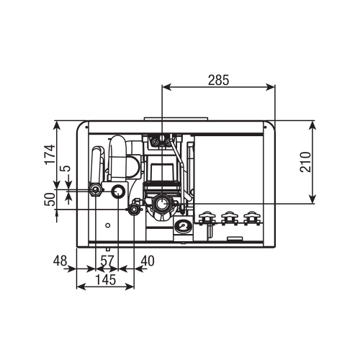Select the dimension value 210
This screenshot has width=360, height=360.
click(x=305, y=163)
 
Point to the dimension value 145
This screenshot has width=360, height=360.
click(x=105, y=278)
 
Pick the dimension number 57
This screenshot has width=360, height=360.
click(x=107, y=259)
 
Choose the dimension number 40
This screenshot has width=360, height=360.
click(x=148, y=259)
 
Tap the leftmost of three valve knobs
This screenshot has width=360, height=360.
click(x=208, y=216)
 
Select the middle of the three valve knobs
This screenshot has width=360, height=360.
click(x=230, y=216)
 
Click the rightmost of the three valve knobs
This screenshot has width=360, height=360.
click(x=251, y=216)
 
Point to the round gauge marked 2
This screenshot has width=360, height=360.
click(x=184, y=226)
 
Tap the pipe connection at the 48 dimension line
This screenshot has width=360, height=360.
click(x=95, y=190)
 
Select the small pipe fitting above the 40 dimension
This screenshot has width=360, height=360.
click(x=133, y=209)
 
